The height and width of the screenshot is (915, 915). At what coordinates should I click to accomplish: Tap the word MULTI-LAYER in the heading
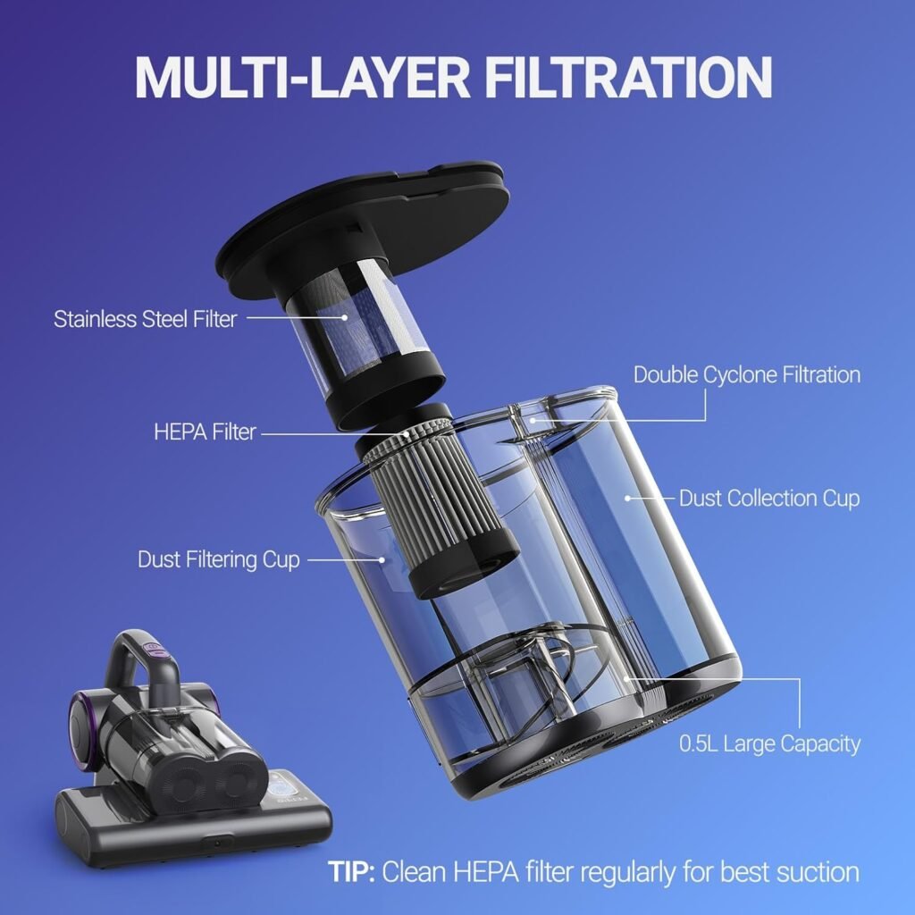pos(302,77)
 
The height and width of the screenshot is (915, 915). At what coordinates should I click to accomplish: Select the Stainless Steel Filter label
pos(146,319)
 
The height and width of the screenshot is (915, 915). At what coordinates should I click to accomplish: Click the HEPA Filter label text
pos(205,432)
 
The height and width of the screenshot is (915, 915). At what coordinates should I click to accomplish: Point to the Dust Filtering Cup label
pos(219,559)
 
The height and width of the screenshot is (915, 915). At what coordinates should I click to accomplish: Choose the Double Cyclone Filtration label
pos(747,374)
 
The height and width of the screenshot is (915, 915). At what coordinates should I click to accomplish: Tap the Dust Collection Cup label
pos(769,499)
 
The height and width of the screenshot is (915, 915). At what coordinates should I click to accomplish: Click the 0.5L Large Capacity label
pos(769,743)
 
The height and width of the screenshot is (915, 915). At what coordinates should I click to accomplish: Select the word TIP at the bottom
pos(351,872)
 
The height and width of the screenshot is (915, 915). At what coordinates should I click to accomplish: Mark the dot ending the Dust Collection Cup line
pos(628,498)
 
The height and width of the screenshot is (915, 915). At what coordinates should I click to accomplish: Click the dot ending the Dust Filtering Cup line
pos(382,559)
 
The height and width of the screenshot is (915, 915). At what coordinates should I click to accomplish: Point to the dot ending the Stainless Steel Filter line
pos(345,317)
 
